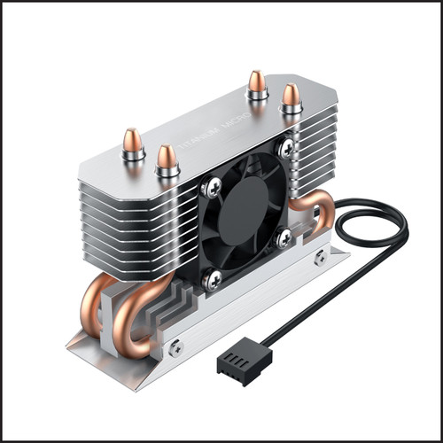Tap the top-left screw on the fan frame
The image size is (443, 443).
click(213, 187)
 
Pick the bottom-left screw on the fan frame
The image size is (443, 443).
click(214, 279)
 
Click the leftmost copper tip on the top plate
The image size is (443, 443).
click(133, 142)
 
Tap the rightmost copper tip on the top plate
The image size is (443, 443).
click(291, 96)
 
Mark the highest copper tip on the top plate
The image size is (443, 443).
click(258, 83)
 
